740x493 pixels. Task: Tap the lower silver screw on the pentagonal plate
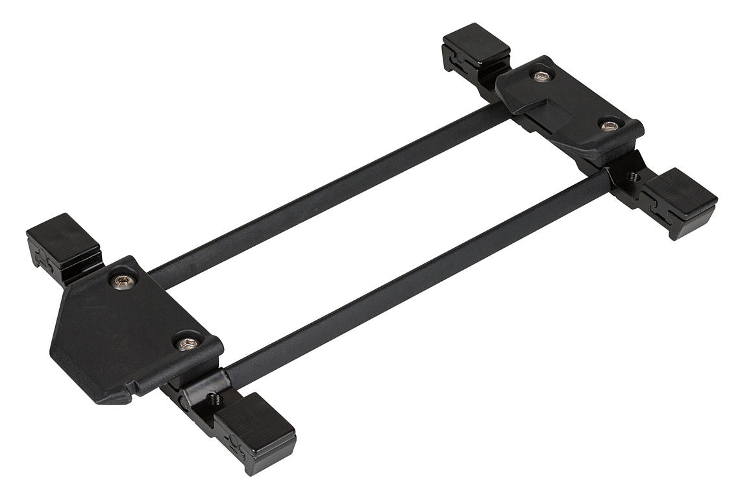[x=186, y=344]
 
